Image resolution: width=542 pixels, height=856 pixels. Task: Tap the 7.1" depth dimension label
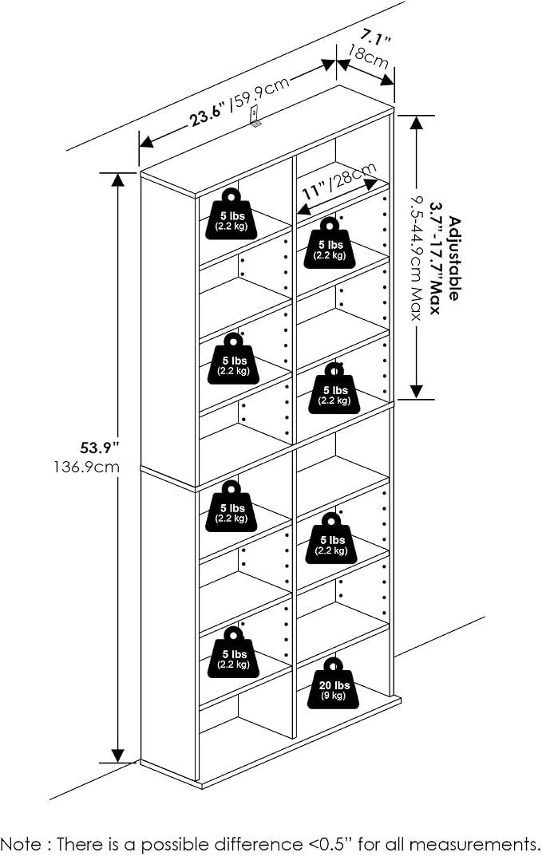[375, 39]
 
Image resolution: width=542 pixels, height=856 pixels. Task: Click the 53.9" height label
[100, 448]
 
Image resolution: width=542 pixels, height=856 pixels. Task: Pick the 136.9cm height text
[86, 467]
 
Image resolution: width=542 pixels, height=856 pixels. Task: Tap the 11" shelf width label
[315, 191]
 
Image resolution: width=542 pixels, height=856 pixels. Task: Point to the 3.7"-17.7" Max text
[436, 258]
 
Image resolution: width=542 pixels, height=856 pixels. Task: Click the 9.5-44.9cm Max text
[417, 257]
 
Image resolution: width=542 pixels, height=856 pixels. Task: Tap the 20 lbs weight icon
[334, 684]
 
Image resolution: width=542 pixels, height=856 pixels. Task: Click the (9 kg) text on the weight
[334, 696]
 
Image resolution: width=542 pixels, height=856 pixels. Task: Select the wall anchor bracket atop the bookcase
[255, 116]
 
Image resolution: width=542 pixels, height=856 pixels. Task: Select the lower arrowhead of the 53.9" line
[117, 755]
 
